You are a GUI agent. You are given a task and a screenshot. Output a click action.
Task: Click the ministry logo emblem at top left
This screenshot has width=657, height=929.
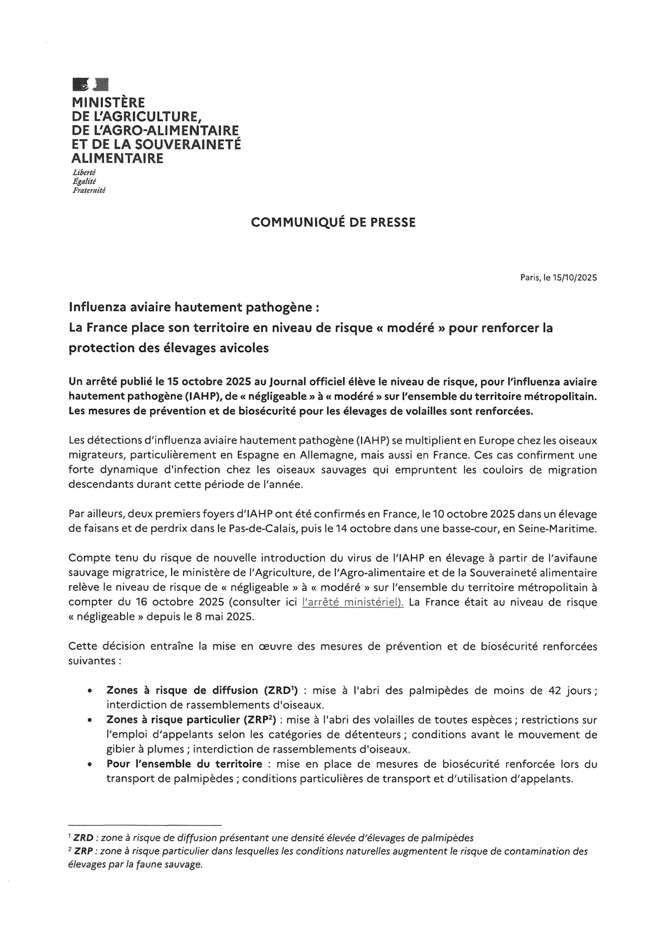91,85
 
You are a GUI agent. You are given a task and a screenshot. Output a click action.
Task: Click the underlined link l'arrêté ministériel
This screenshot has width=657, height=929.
353,602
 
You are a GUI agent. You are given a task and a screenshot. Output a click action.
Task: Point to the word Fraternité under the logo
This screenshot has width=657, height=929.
89,190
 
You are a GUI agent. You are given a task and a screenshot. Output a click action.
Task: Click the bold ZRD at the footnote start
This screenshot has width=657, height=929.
83,838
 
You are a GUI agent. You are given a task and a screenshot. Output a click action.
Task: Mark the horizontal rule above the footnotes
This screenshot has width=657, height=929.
145,825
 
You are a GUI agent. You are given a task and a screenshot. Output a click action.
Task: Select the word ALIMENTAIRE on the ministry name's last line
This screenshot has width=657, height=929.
117,158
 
